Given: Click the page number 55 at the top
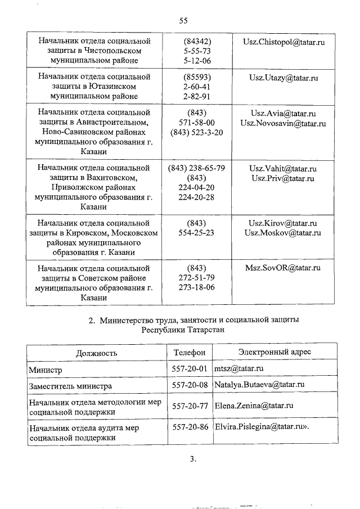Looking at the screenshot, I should coord(183,21).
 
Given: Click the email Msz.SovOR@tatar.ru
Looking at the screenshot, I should coord(282,268).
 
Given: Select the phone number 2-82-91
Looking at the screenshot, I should coord(197,96).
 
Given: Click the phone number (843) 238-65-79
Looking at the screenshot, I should coord(197,168).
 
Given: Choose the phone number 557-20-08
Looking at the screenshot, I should coord(190,385).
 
